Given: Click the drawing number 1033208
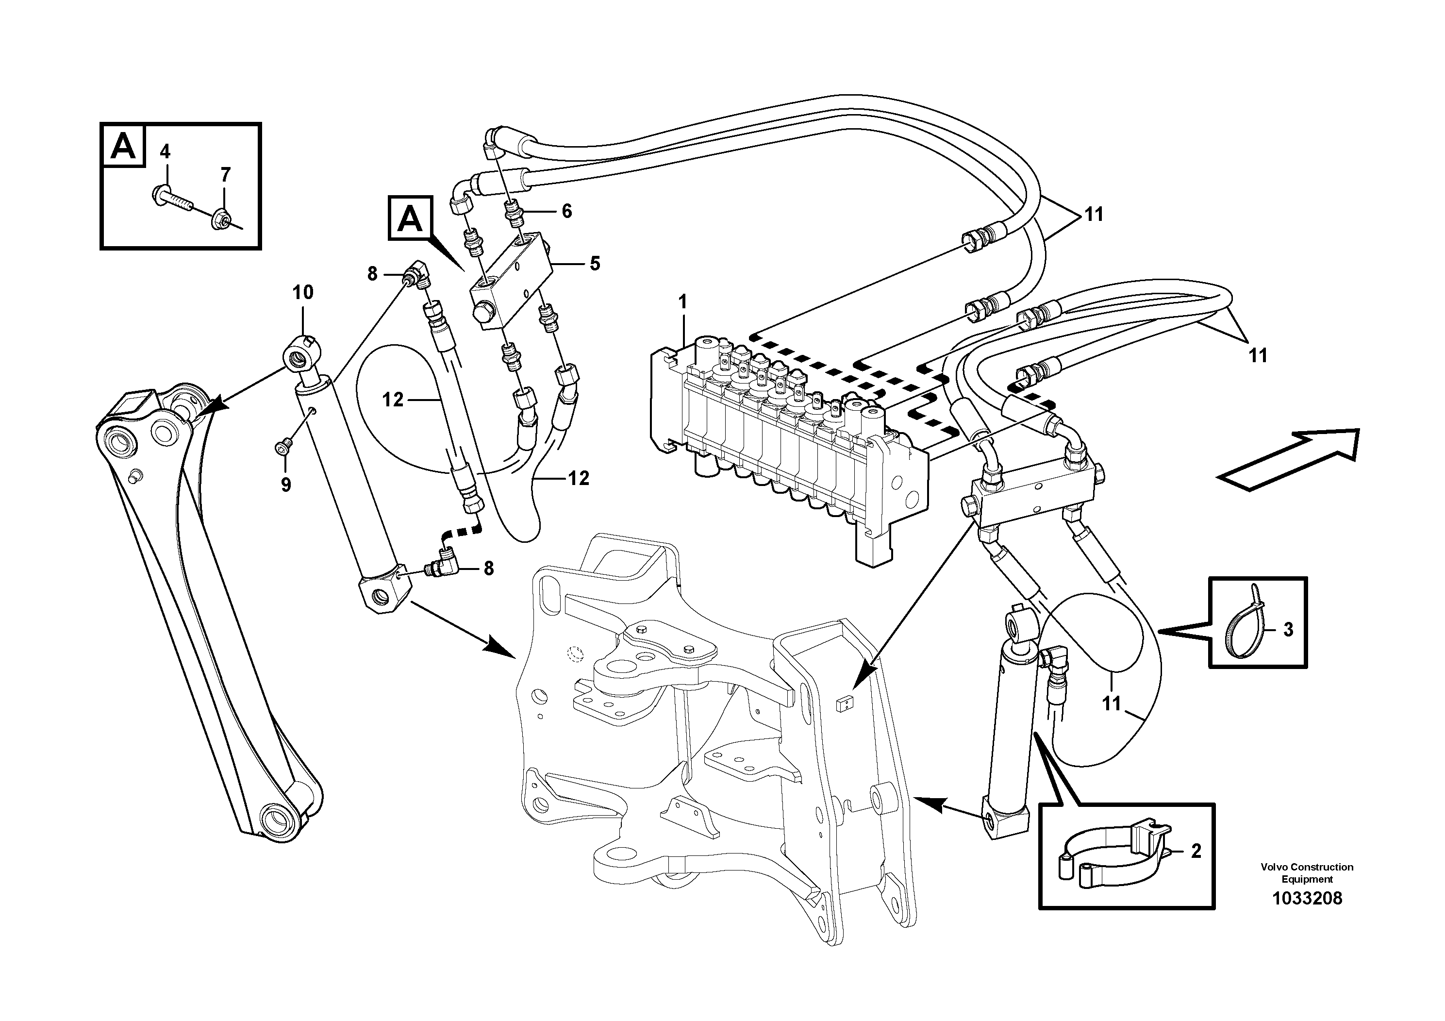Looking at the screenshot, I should [1307, 898].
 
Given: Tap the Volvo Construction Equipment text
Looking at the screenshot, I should [1307, 873].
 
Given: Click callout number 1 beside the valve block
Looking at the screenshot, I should [683, 301].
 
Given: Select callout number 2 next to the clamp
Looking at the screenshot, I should [1196, 851].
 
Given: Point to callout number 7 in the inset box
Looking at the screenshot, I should [225, 174].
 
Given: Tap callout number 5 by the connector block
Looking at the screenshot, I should [595, 263].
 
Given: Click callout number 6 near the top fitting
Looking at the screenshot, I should [566, 211].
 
